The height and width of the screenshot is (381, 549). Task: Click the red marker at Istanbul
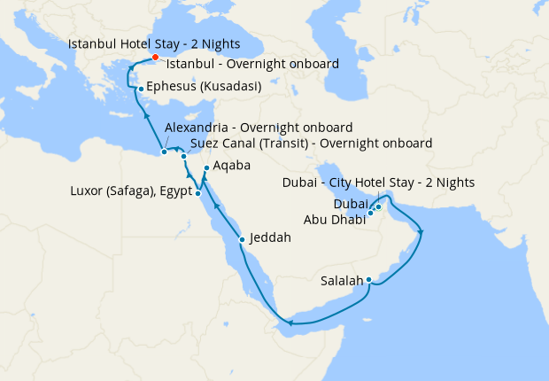click(x=155, y=58)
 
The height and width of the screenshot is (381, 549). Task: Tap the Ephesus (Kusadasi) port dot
click(x=140, y=89)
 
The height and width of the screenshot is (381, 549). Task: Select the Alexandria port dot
click(x=164, y=152)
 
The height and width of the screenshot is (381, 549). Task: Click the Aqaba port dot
click(x=205, y=168)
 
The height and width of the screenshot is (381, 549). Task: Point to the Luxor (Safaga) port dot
click(x=197, y=192)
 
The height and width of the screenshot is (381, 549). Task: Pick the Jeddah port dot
click(x=243, y=239)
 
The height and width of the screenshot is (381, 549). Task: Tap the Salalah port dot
click(x=368, y=281)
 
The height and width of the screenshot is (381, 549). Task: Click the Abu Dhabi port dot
click(x=371, y=214)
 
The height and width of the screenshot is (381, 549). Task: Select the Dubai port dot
click(x=378, y=207)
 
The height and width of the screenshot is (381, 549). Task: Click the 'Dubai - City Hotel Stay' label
click(x=378, y=183)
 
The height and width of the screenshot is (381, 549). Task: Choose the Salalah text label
click(x=341, y=282)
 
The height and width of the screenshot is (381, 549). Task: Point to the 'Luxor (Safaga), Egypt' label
click(x=131, y=192)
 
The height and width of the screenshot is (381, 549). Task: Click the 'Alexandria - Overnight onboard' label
click(x=259, y=128)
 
